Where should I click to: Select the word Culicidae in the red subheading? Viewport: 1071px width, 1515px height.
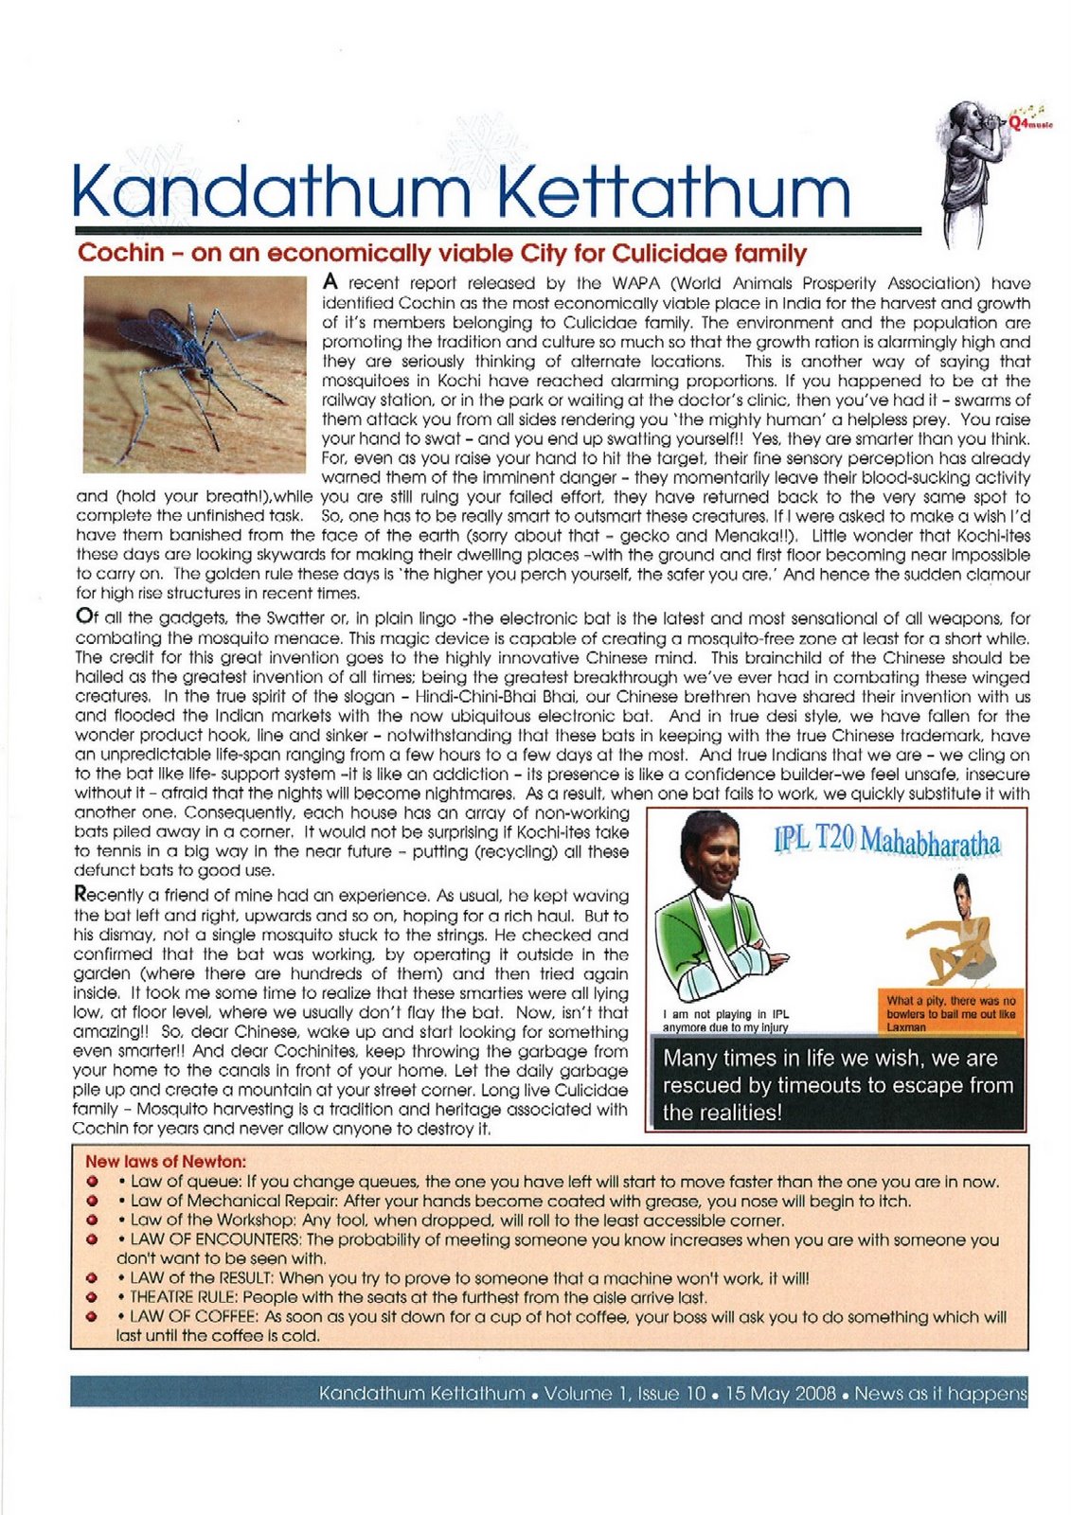pos(661,254)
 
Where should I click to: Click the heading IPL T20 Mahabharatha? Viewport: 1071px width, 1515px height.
pos(886,840)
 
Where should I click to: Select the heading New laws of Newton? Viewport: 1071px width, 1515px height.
pos(166,1162)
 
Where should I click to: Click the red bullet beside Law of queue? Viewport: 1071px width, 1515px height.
pos(93,1182)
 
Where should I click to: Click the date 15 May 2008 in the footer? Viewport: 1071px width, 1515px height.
pos(780,1394)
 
